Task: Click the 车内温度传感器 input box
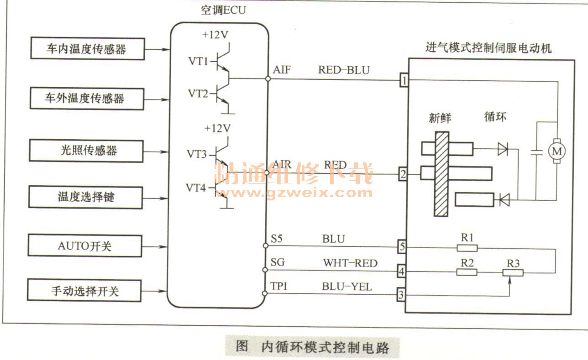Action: point(86,49)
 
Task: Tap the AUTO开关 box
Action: point(85,246)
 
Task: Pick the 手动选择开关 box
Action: point(85,290)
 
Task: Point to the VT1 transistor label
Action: point(198,61)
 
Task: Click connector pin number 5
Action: point(402,247)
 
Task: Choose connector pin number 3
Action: point(401,295)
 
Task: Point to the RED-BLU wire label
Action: point(344,70)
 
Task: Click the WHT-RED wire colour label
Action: point(350,263)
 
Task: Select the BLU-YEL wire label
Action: point(347,287)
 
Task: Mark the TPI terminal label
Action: point(278,287)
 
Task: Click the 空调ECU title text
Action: point(223,10)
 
